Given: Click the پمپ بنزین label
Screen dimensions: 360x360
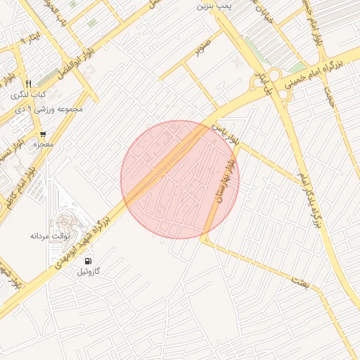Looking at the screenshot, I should (214, 6).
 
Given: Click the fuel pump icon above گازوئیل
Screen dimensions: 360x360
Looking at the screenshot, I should (88, 261).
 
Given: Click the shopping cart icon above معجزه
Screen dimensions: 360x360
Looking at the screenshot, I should (43, 134).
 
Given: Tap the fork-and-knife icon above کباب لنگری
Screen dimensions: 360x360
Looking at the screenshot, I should (28, 84).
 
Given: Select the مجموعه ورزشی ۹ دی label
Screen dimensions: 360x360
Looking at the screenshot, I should (50, 109).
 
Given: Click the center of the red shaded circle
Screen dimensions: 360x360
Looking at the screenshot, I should (179, 179).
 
